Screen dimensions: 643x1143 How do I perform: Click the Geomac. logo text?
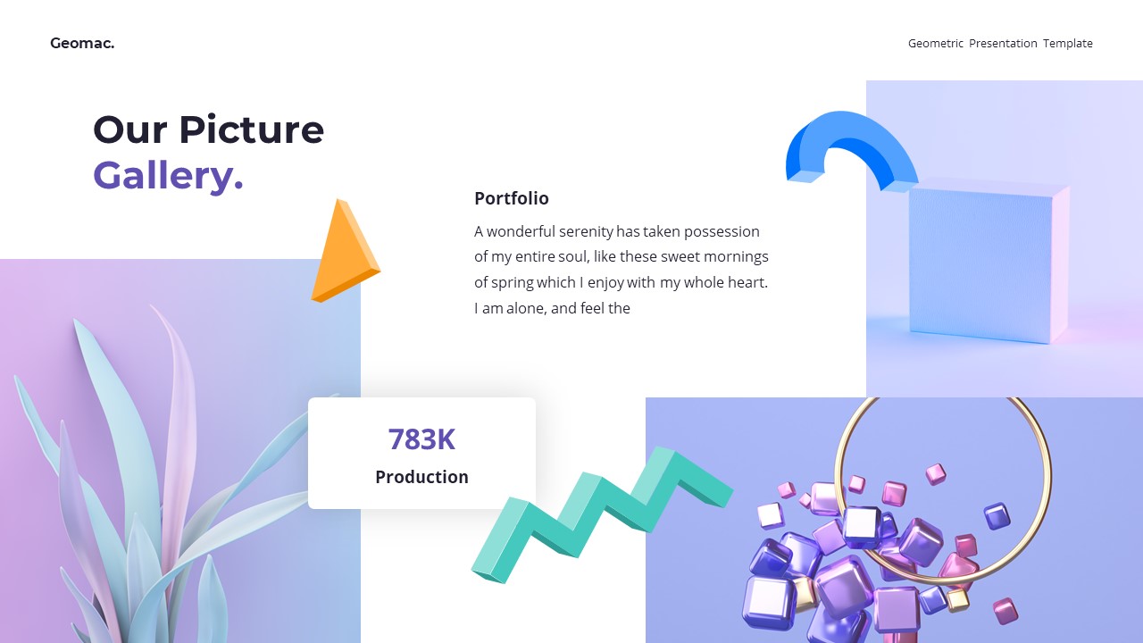point(82,43)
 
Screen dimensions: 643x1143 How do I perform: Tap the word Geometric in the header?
point(936,43)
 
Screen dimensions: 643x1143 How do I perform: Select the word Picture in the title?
point(251,129)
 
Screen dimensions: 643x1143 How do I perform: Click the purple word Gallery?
point(168,175)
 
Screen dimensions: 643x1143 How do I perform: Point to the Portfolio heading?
point(511,198)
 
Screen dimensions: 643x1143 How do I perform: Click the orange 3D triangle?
point(343,255)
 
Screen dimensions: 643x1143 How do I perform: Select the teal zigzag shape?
point(598,514)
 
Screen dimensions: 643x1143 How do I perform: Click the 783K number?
point(421,439)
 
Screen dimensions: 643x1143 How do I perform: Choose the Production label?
point(421,477)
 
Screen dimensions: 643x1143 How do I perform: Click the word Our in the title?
point(129,129)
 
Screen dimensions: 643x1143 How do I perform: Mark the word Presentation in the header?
point(1003,43)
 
